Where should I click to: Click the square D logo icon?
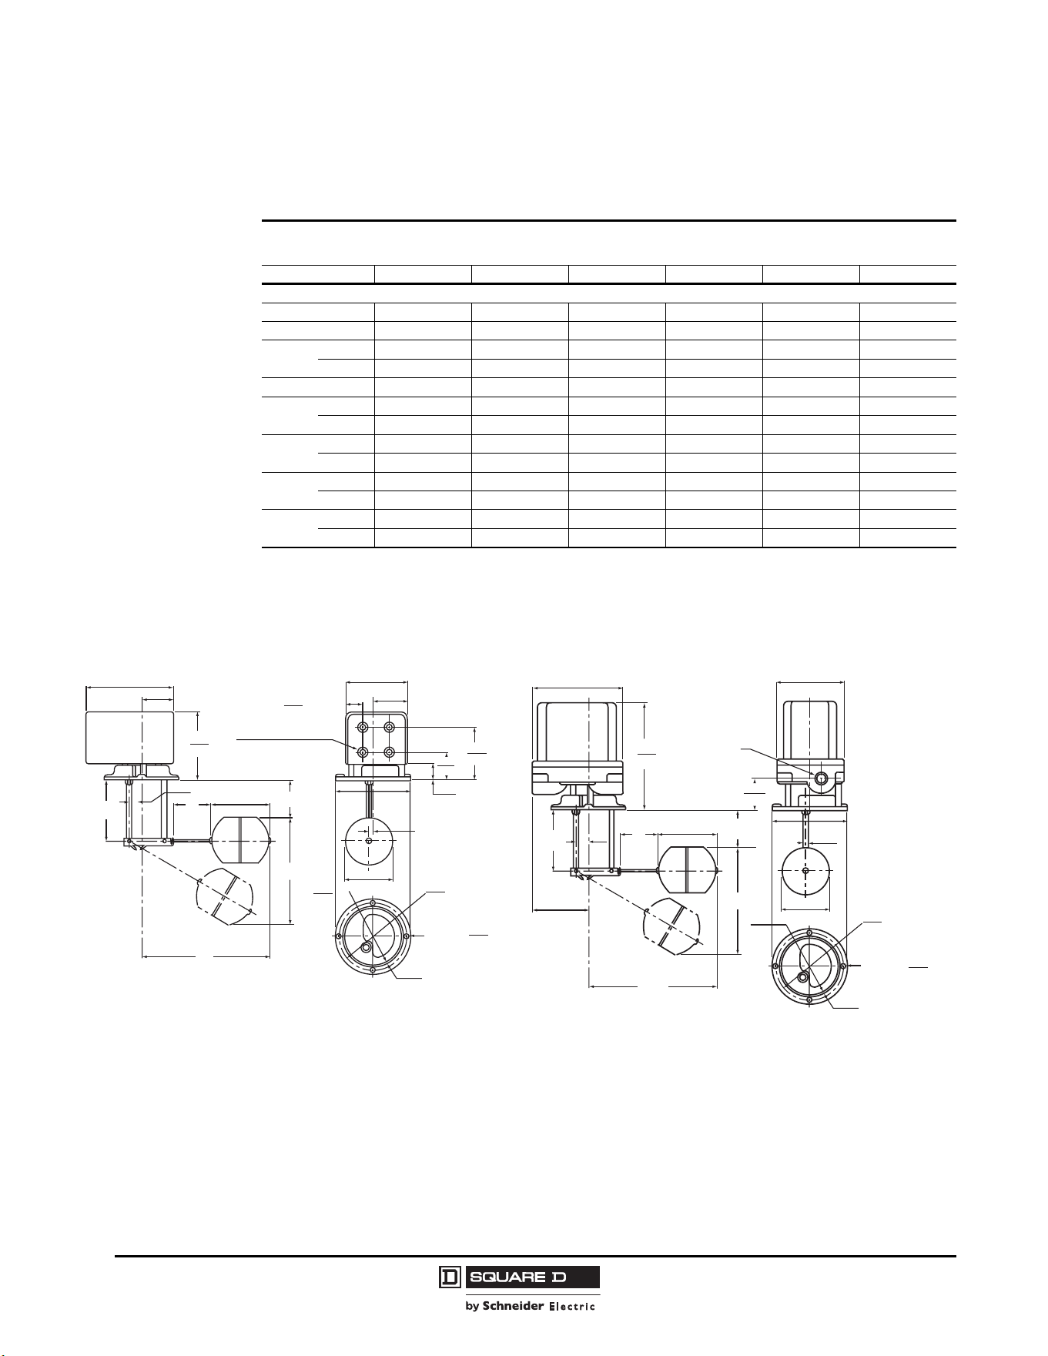point(450,1277)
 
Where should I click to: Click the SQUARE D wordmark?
point(532,1277)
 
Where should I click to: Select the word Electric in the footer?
point(571,1306)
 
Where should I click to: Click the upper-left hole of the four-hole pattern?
point(363,728)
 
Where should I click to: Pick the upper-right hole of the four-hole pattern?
point(390,728)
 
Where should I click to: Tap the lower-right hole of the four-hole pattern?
point(390,752)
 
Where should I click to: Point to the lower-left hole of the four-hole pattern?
point(363,752)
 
